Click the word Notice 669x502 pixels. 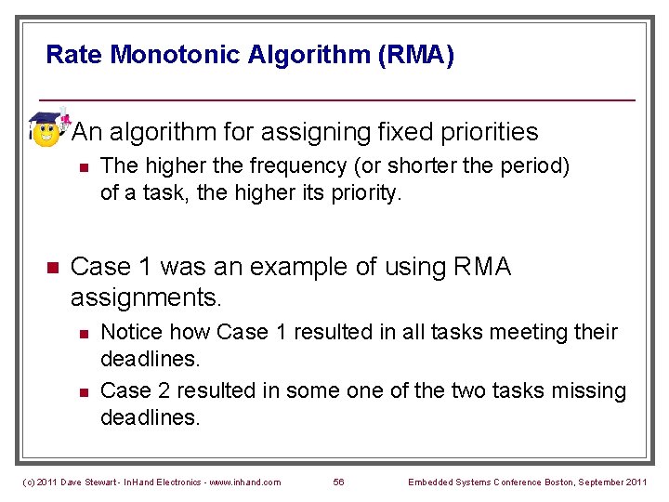[x=126, y=333]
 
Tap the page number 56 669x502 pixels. [x=338, y=481]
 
